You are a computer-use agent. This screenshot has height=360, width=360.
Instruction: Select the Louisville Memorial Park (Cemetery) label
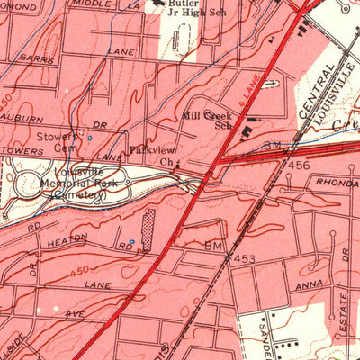[x=78, y=184]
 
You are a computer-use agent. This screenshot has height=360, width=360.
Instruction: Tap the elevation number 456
[x=299, y=166]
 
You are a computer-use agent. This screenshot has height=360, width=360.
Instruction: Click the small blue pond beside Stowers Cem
[x=88, y=139]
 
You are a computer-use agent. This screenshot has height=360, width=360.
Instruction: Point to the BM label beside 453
[x=212, y=245]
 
